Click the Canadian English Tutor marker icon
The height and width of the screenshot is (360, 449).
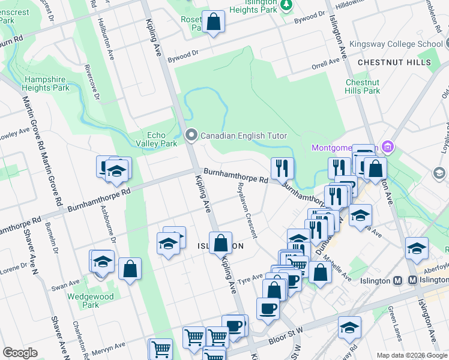(x=191, y=135)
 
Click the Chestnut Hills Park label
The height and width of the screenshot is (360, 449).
(x=363, y=86)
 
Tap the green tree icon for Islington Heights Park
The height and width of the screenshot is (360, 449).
(x=287, y=5)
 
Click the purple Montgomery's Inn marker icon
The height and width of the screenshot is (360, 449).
(x=388, y=146)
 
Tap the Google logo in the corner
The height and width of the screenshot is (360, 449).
(x=20, y=353)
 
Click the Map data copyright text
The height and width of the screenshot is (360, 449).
(x=411, y=355)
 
